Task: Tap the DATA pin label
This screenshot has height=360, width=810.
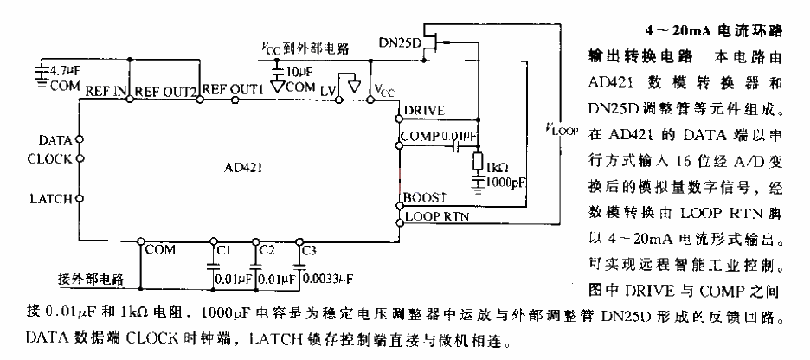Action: tap(55, 139)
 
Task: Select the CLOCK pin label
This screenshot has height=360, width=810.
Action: tap(50, 159)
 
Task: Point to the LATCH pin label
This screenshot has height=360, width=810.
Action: tap(50, 198)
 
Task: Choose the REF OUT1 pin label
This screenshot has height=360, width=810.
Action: tap(234, 90)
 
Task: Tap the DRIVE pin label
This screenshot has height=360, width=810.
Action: tap(423, 111)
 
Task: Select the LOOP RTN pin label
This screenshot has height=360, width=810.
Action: tap(436, 217)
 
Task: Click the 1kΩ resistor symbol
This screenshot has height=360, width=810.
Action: tap(478, 159)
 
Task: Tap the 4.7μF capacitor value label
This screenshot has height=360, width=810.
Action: tap(61, 68)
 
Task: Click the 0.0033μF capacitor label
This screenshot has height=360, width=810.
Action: tap(329, 280)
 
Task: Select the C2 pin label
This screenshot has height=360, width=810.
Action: tap(267, 250)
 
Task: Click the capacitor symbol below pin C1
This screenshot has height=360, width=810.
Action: tap(212, 267)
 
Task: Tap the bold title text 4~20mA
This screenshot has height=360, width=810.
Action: tap(678, 32)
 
